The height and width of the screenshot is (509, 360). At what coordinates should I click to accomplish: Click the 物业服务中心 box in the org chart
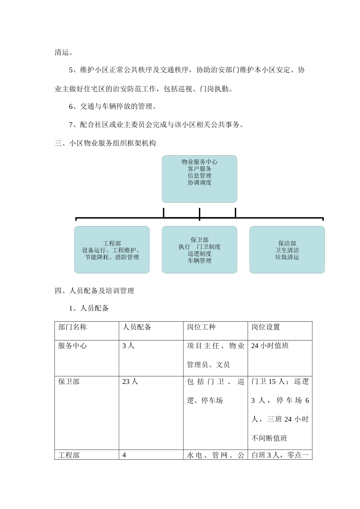tap(199, 178)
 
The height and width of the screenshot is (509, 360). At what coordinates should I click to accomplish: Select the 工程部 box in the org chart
tap(112, 250)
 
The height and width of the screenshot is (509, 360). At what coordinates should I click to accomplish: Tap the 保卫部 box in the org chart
tap(199, 250)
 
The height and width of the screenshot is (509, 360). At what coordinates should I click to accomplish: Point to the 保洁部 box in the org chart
tap(287, 250)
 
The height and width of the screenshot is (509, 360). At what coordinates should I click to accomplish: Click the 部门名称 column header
tap(72, 327)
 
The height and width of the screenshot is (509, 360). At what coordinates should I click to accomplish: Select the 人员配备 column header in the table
tap(137, 327)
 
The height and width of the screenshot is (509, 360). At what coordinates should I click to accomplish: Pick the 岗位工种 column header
tap(201, 327)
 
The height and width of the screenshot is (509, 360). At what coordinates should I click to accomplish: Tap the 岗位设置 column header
tap(266, 327)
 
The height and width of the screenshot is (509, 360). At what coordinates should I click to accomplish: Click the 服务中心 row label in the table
tap(72, 346)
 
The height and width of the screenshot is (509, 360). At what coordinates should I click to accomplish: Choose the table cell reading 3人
tap(128, 346)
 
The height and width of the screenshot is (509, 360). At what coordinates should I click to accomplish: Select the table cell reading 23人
tap(130, 382)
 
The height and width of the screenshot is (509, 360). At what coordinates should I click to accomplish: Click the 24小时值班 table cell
tap(270, 346)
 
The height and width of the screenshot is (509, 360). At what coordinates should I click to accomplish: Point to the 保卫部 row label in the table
tap(69, 382)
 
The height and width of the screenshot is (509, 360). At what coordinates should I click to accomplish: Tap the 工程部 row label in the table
tap(69, 455)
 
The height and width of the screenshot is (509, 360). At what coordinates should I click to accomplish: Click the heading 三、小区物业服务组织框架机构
tap(105, 143)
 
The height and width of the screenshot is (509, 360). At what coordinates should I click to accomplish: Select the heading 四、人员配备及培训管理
tap(94, 291)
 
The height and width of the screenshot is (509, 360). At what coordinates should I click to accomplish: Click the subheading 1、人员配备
tap(89, 308)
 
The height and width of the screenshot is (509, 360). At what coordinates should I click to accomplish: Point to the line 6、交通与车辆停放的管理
tap(113, 106)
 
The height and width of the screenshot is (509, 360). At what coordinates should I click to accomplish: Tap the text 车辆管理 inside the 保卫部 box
tap(199, 261)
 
